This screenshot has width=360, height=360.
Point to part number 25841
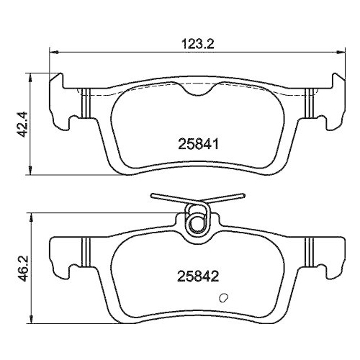[198, 144]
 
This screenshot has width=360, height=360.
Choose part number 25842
[198, 275]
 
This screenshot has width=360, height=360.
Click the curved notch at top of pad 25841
[197, 93]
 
